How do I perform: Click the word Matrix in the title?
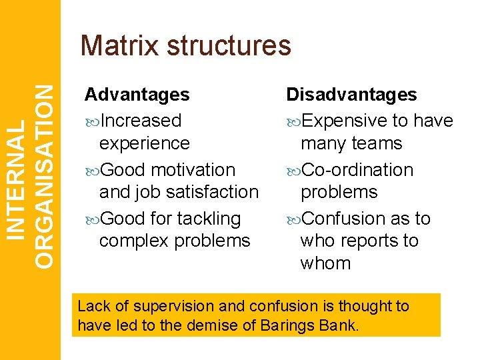point(120,45)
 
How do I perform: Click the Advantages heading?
point(137,95)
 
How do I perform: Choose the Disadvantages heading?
point(351,95)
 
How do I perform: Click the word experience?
point(144,143)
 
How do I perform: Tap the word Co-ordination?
point(358,170)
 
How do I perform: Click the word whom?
point(325,263)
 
